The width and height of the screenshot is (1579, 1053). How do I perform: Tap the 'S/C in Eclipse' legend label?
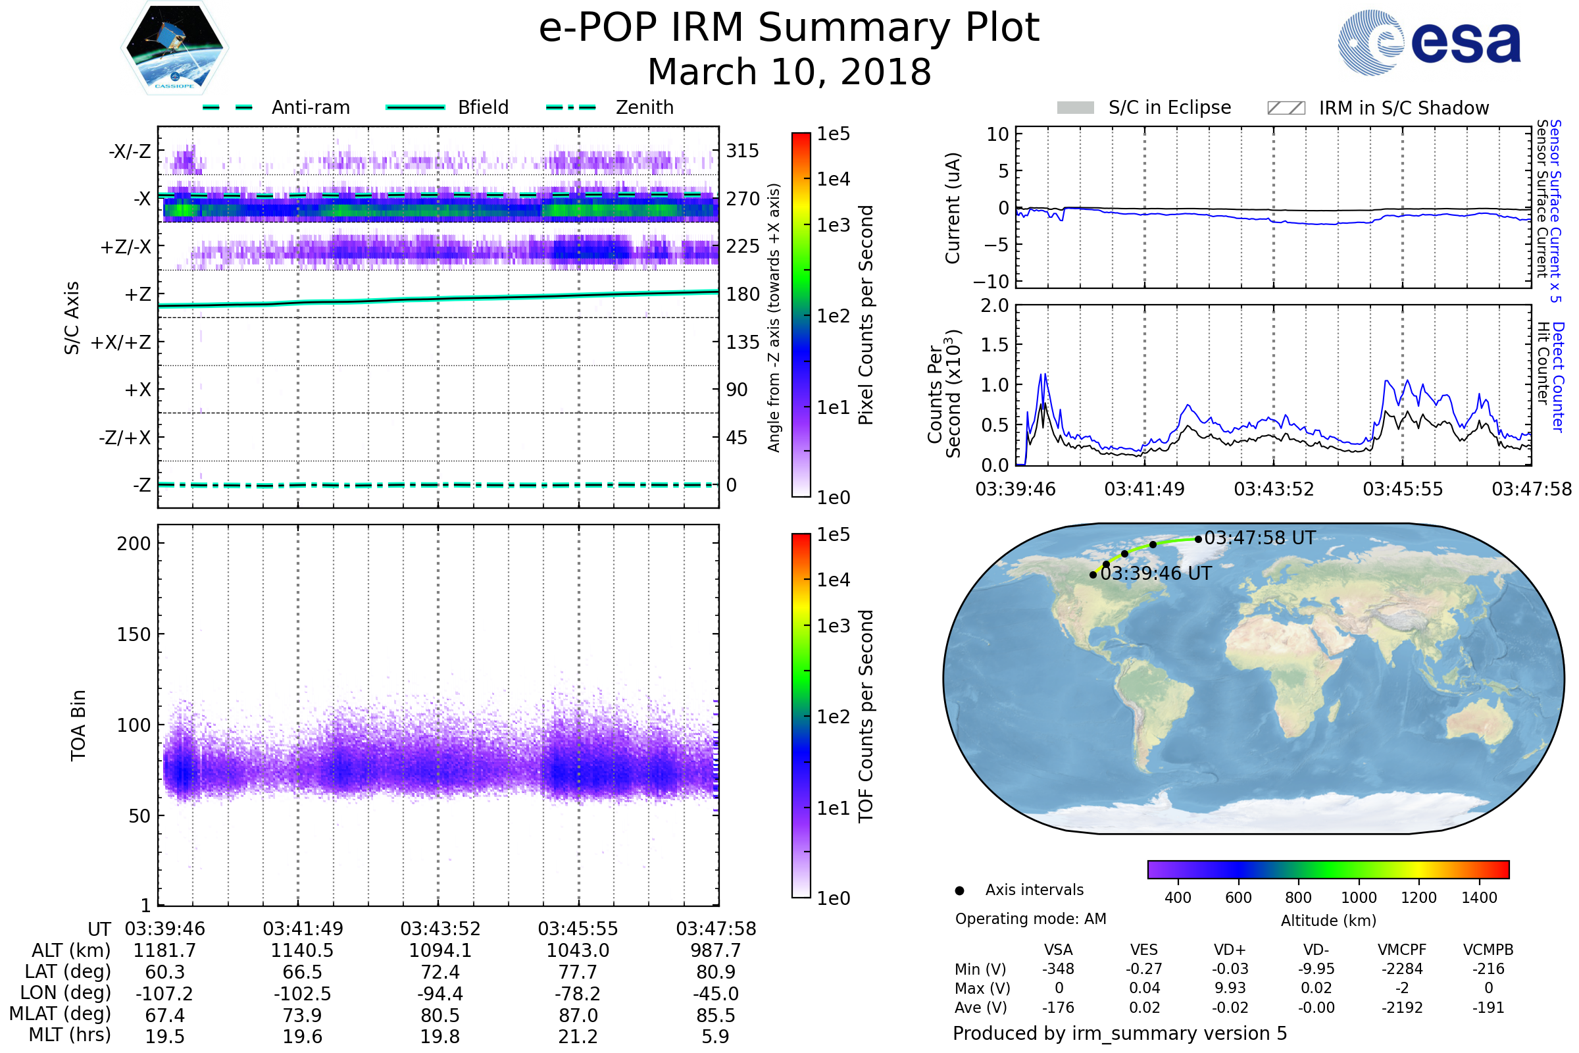pyautogui.click(x=1170, y=107)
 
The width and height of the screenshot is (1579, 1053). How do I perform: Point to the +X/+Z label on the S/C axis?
pyautogui.click(x=121, y=342)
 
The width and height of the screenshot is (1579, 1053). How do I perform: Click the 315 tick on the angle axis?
pyautogui.click(x=742, y=151)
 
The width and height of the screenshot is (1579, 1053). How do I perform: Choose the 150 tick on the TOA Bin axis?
pyautogui.click(x=134, y=634)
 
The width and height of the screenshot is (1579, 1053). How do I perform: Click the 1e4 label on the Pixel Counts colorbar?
pyautogui.click(x=833, y=179)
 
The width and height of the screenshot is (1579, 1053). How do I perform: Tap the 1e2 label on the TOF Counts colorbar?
pyautogui.click(x=833, y=717)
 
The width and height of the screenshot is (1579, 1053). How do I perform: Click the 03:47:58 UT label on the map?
pyautogui.click(x=1259, y=538)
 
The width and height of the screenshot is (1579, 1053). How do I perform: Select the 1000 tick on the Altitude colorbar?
pyautogui.click(x=1358, y=898)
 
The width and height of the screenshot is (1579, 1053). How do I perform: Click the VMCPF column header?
pyautogui.click(x=1402, y=950)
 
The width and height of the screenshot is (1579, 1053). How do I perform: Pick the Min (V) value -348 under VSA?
pyautogui.click(x=1058, y=969)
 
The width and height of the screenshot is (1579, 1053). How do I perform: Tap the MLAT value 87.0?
pyautogui.click(x=578, y=1015)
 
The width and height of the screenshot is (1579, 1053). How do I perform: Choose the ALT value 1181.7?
pyautogui.click(x=164, y=951)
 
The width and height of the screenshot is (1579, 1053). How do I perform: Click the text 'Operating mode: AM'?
pyautogui.click(x=1030, y=919)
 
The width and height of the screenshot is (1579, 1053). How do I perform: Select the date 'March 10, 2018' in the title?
pyautogui.click(x=789, y=72)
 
